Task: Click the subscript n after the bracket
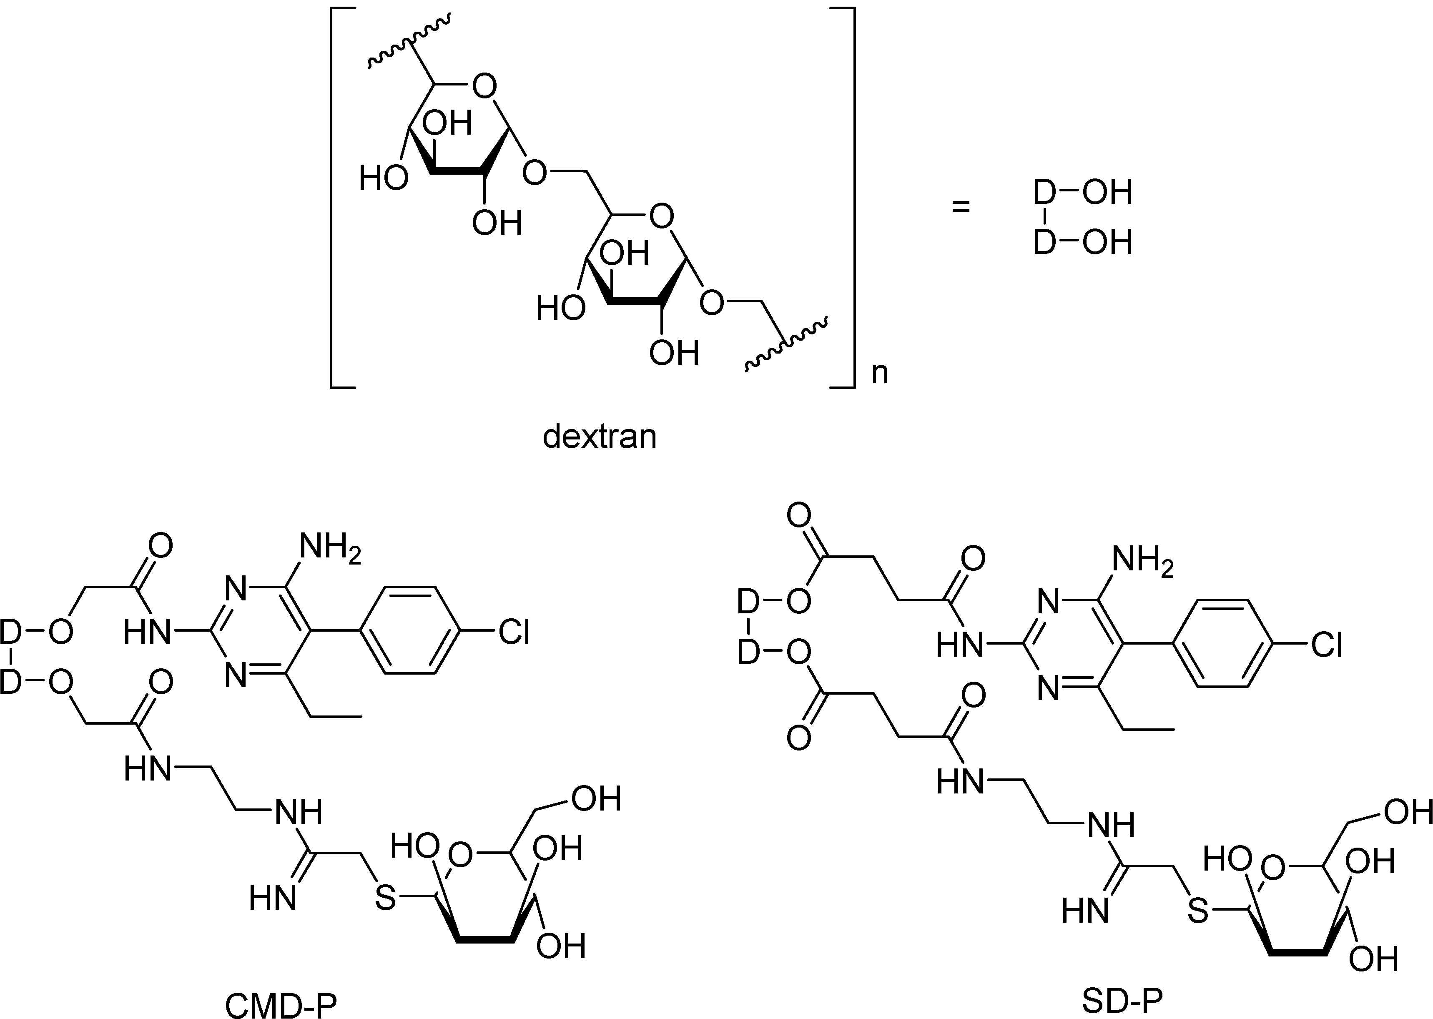[x=880, y=373]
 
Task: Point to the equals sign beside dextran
[x=961, y=206]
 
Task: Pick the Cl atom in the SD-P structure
[x=1326, y=645]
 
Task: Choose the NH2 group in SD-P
[x=1142, y=562]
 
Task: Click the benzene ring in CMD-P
[x=408, y=630]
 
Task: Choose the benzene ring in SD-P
[x=1220, y=644]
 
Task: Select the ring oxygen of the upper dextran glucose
[x=484, y=86]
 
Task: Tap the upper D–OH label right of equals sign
[x=1082, y=192]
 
